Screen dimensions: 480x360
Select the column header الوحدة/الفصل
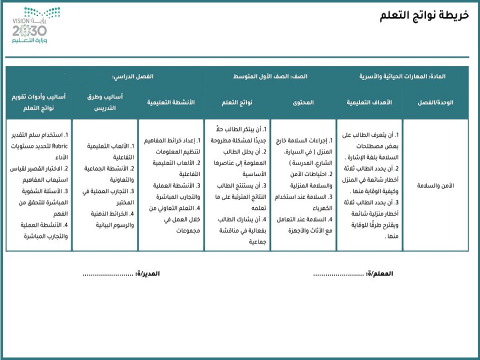click(x=435, y=102)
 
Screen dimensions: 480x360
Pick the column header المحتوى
click(x=303, y=102)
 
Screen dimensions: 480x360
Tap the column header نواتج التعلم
click(x=237, y=102)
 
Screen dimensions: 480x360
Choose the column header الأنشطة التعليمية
click(x=171, y=102)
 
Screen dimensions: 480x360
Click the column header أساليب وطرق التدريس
click(x=104, y=102)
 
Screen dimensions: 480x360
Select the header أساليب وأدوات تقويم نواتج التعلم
click(x=38, y=102)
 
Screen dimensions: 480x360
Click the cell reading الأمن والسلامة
click(x=435, y=185)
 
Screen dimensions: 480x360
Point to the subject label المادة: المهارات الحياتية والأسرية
click(x=402, y=76)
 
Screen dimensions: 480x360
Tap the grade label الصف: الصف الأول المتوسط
click(x=270, y=76)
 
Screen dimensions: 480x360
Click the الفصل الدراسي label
click(x=132, y=76)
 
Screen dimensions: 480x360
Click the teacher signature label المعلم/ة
click(x=380, y=274)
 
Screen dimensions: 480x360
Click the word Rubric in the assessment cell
click(x=66, y=146)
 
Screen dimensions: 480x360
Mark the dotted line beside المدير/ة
click(x=107, y=274)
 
